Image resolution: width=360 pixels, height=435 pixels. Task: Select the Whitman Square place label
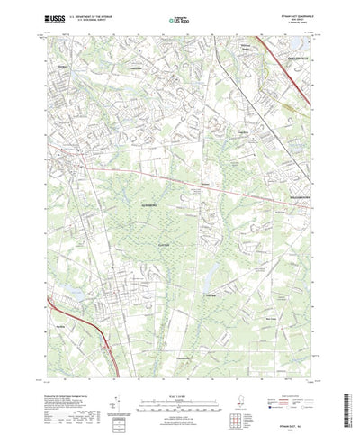pyautogui.click(x=241, y=63)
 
